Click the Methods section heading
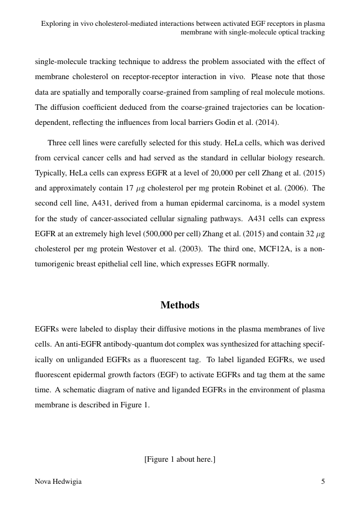coord(180,305)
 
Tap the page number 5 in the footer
coord(323,482)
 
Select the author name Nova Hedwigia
coord(58,482)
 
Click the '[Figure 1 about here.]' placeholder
coord(180,459)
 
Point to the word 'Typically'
coord(50,173)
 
